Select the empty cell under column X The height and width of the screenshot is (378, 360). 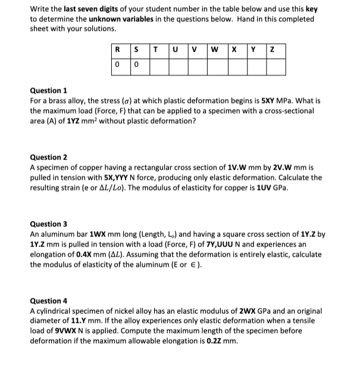tap(236, 65)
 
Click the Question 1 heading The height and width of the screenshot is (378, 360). tap(49, 90)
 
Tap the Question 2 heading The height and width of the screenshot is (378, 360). tap(49, 157)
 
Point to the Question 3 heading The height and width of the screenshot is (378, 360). tap(49, 224)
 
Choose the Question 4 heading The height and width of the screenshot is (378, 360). tap(49, 301)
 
